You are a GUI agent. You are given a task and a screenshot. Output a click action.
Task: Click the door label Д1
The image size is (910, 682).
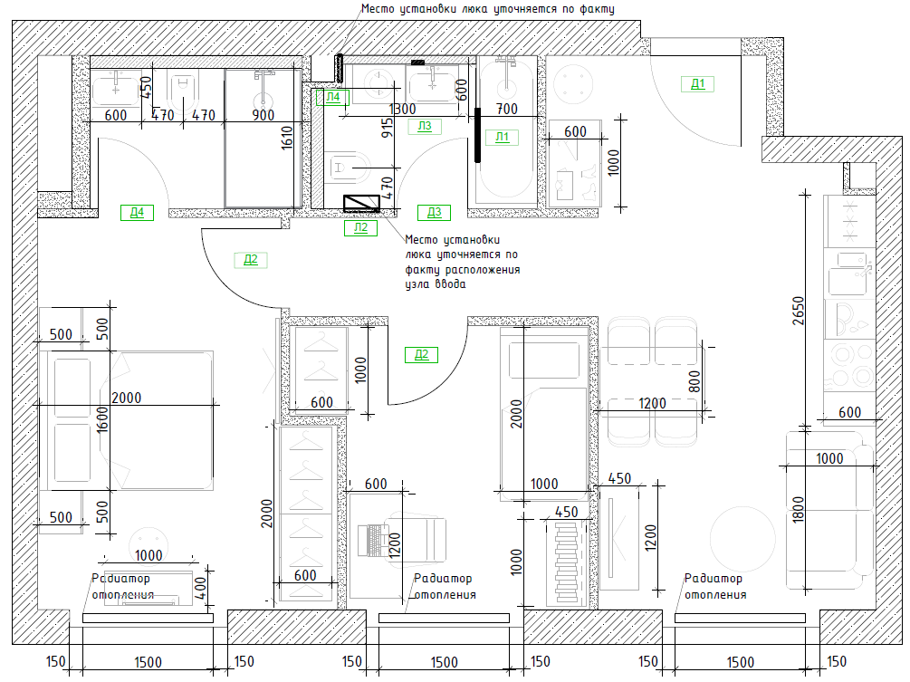click(x=697, y=84)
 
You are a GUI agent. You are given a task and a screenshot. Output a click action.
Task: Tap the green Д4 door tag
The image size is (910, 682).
click(x=137, y=213)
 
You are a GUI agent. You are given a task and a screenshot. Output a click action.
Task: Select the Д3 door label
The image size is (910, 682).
click(x=434, y=213)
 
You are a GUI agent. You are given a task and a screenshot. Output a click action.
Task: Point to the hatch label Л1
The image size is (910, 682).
click(x=502, y=137)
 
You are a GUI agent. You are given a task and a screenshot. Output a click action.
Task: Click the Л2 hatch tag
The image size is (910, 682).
click(x=361, y=227)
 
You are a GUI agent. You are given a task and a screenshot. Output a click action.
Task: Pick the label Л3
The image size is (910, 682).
click(x=425, y=126)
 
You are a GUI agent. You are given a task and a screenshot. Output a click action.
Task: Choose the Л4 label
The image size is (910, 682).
click(x=332, y=97)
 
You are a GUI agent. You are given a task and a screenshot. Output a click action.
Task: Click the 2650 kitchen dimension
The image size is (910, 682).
click(x=799, y=311)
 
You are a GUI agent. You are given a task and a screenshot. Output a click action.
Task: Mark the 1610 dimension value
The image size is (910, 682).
click(x=287, y=139)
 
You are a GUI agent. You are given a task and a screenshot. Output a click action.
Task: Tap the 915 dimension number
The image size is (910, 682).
click(x=388, y=128)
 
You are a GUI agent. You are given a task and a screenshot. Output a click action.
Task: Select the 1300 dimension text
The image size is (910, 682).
click(x=402, y=109)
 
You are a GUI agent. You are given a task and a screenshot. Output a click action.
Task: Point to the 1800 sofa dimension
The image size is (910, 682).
click(x=799, y=510)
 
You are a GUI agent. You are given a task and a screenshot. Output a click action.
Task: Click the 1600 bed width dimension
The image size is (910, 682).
click(x=102, y=419)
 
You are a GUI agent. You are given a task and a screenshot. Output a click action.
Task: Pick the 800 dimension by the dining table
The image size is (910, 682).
click(x=694, y=381)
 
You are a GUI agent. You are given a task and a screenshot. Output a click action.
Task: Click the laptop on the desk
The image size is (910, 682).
click(x=374, y=541)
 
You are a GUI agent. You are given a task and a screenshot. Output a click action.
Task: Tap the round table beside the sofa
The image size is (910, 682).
click(x=742, y=539)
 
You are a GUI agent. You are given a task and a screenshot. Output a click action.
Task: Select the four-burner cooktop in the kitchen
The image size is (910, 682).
click(x=849, y=366)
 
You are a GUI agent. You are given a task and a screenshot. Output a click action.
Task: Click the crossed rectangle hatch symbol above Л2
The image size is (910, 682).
click(x=361, y=203)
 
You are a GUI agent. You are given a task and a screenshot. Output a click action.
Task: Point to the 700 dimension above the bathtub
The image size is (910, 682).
click(x=507, y=109)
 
